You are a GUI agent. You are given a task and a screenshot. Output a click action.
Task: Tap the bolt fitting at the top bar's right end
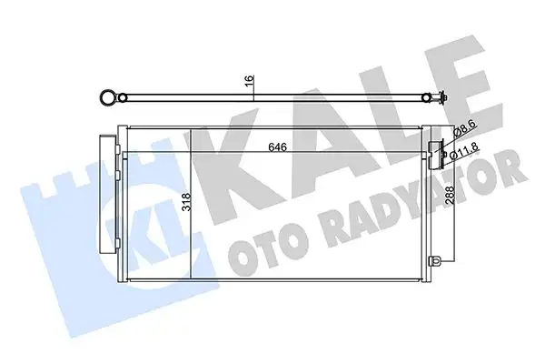tap(441, 101)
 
